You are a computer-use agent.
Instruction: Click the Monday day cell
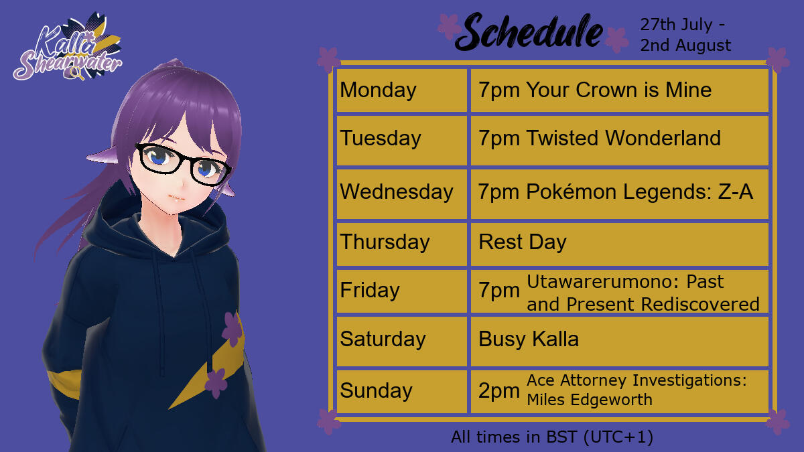pos(401,90)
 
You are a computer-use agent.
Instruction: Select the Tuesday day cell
pos(401,140)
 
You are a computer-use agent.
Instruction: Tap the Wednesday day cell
pos(401,194)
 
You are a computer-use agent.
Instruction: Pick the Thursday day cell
pos(401,244)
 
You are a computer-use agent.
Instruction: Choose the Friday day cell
pos(401,291)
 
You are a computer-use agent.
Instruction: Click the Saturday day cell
pos(401,341)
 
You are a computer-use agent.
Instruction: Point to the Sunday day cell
pos(401,391)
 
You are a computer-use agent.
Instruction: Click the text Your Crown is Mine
pos(619,90)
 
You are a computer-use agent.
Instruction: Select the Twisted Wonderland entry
pos(624,138)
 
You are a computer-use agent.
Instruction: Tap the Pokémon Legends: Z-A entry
pos(640,192)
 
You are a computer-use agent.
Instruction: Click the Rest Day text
pos(523,242)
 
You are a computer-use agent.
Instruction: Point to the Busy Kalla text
pos(529,339)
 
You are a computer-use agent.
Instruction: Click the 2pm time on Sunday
pos(499,391)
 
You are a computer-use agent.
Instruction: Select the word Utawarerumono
pos(602,282)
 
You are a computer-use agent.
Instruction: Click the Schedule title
pos(529,31)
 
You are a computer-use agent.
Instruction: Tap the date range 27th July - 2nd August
pos(685,35)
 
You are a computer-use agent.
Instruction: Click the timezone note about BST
pos(552,437)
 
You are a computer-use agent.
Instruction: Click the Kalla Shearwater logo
pos(68,47)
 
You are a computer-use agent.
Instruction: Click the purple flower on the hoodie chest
pos(232,329)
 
